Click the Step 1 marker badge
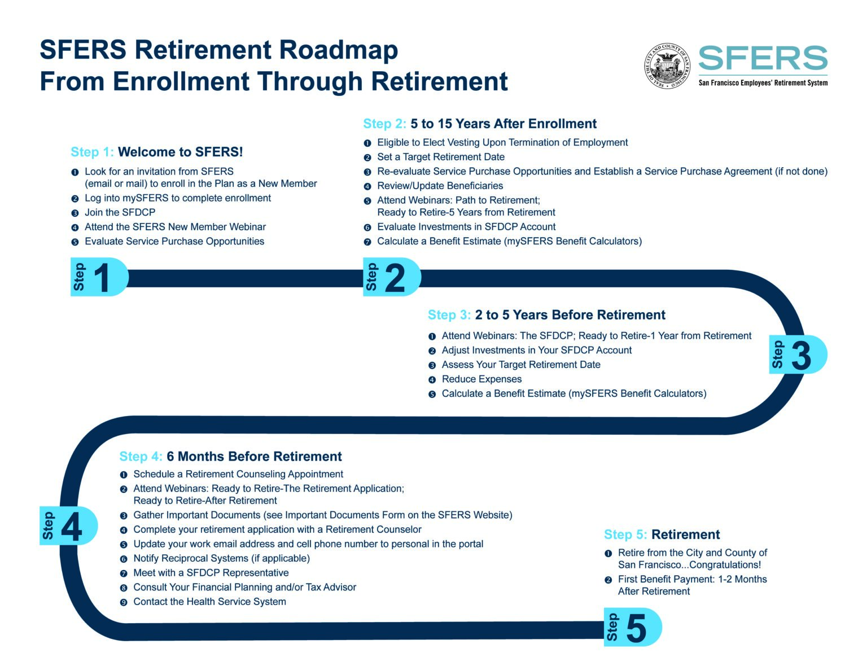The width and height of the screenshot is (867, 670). pyautogui.click(x=98, y=277)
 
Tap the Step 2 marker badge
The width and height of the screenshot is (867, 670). pyautogui.click(x=391, y=277)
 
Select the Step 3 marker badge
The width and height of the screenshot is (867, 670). pyautogui.click(x=798, y=354)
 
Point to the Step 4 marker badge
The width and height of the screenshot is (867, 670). pyautogui.click(x=68, y=526)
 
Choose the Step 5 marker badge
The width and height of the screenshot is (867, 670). pyautogui.click(x=632, y=627)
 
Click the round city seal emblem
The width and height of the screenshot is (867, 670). pyautogui.click(x=667, y=65)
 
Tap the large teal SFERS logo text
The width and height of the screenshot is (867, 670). pyautogui.click(x=763, y=59)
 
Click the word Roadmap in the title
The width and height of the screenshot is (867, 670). pyautogui.click(x=337, y=50)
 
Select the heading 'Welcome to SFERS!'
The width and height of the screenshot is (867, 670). pyautogui.click(x=181, y=152)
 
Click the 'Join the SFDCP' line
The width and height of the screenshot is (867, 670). pyautogui.click(x=120, y=212)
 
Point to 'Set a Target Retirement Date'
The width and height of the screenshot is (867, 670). pyautogui.click(x=441, y=157)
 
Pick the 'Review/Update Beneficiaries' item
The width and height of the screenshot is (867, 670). pyautogui.click(x=440, y=186)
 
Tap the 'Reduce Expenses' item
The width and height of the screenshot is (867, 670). pyautogui.click(x=481, y=379)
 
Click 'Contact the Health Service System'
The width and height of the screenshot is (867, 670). pyautogui.click(x=209, y=602)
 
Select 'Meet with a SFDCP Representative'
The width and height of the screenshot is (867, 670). pyautogui.click(x=211, y=573)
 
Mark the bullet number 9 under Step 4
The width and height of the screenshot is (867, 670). pyautogui.click(x=124, y=602)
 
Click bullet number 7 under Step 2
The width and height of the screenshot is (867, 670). pyautogui.click(x=367, y=242)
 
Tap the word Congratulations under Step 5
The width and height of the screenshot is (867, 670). pyautogui.click(x=725, y=565)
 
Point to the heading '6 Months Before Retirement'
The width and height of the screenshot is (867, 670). pyautogui.click(x=254, y=456)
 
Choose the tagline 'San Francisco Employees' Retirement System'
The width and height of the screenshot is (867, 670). pyautogui.click(x=763, y=83)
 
